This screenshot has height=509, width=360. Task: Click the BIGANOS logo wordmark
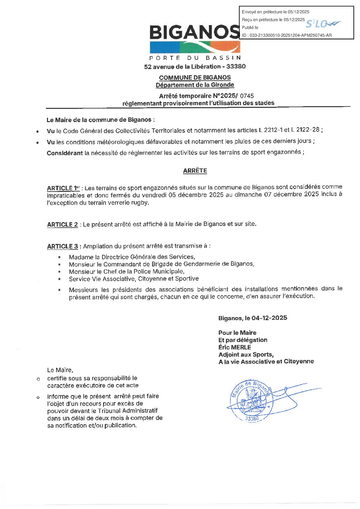(x=194, y=32)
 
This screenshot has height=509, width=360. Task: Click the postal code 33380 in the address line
(x=236, y=66)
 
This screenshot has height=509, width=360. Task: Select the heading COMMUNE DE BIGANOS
(x=195, y=78)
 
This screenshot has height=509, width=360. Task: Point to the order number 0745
(x=247, y=96)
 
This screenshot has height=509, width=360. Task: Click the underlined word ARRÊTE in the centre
(x=195, y=171)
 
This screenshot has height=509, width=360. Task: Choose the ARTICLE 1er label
(x=63, y=188)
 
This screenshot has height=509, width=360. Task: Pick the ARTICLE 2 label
(x=62, y=225)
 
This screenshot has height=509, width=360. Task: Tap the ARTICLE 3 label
(x=63, y=246)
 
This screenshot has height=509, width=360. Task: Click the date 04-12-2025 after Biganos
(x=269, y=318)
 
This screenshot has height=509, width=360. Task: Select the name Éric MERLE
(x=235, y=347)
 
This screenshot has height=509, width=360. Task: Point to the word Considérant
(x=65, y=153)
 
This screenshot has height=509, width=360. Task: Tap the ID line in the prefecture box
(x=287, y=35)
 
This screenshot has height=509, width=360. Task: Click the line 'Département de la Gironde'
(x=195, y=85)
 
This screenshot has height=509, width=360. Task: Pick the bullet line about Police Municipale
(x=127, y=272)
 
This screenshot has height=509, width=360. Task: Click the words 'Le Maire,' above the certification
(x=60, y=370)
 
